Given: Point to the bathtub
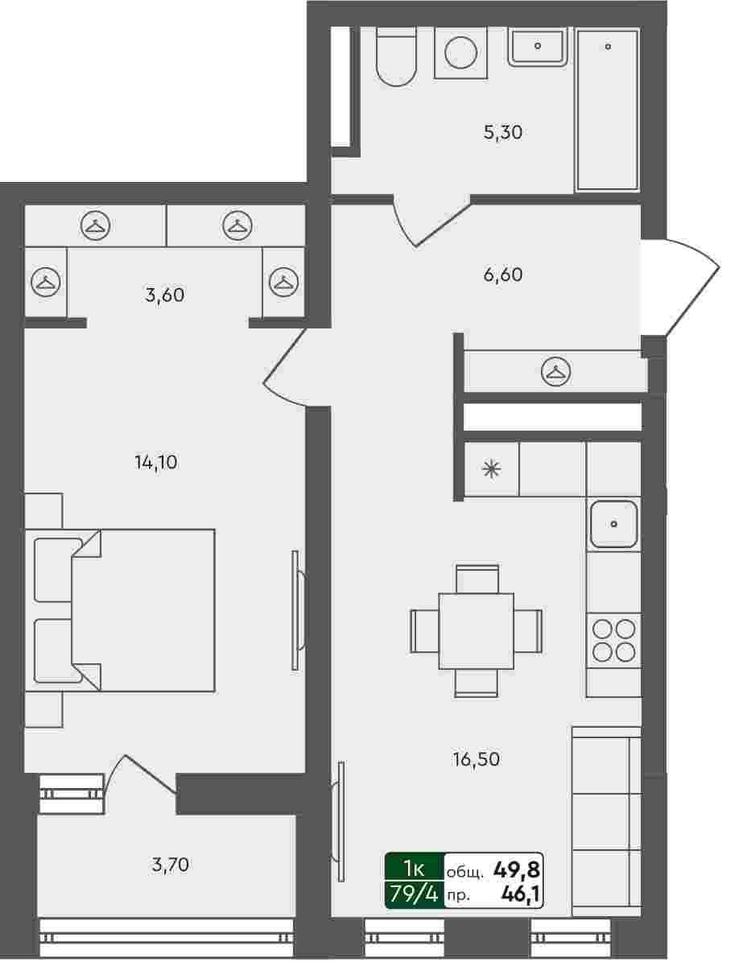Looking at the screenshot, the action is coord(607,109).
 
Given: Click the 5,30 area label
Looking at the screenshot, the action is coord(503,132).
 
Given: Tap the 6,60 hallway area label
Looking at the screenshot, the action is coord(503,275).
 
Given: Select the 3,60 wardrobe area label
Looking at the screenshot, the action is coord(164,295).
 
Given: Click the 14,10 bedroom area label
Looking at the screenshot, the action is coord(156,461).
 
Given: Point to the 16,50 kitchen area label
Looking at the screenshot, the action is coord(476,760).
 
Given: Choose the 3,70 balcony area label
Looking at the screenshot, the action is coord(170,865).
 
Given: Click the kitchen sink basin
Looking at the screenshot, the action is coord(613,523).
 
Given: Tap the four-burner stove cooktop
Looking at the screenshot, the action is coord(613,641).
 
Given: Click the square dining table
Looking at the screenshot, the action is coord(476,630).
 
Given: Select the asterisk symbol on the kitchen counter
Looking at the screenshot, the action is coord(491,469).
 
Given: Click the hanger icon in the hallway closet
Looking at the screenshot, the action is coord(556,371).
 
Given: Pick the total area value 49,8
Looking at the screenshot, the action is coord(516,869).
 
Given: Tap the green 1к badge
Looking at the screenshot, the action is coord(415,868).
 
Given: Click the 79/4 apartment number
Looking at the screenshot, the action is coord(415,894).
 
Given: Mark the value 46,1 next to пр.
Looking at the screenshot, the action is coord(521,894).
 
